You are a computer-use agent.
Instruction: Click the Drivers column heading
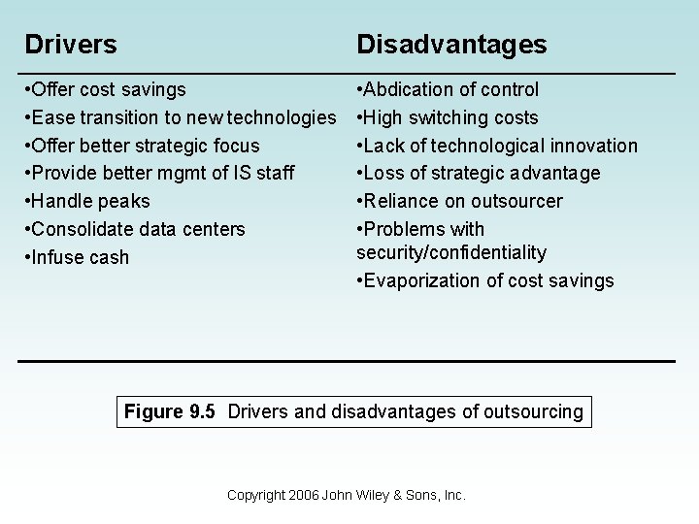pos(71,45)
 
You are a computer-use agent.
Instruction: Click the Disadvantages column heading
pos(451,45)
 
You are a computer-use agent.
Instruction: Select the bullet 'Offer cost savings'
pos(106,90)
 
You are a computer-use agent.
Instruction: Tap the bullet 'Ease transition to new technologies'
pos(180,118)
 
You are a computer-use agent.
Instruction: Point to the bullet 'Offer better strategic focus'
pos(143,147)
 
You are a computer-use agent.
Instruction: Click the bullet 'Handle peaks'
pos(88,202)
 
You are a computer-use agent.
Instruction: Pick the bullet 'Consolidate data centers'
pos(135,230)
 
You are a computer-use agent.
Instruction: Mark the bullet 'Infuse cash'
pos(78,258)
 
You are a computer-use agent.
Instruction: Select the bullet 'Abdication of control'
pos(448,90)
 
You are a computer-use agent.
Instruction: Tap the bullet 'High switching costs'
pos(448,118)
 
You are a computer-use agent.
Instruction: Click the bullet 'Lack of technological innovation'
pos(497,147)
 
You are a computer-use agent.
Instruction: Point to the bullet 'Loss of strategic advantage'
pos(479,174)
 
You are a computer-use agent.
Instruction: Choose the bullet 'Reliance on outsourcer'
pos(459,202)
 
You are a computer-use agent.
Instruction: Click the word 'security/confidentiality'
pos(451,253)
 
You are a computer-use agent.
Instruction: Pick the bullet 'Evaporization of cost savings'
pos(485,281)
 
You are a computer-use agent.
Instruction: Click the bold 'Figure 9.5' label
pos(170,412)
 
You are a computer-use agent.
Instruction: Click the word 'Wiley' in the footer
pos(376,496)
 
